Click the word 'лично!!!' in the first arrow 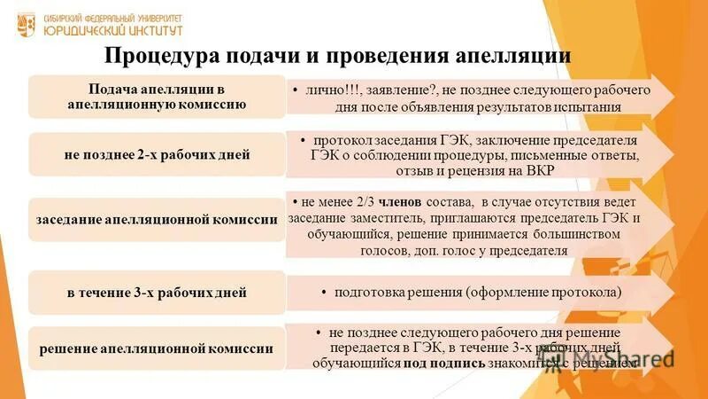[x=330, y=90]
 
